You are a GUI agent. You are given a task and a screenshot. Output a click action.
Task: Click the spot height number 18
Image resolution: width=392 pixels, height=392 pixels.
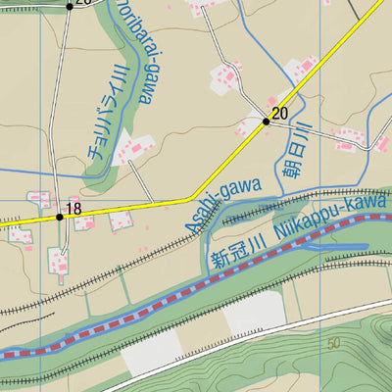[x=73, y=209]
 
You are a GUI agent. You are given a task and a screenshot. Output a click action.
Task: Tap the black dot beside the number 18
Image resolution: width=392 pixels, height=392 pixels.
[x=59, y=217]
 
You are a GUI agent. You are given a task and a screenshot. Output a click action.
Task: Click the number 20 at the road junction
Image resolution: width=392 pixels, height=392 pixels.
[x=280, y=114]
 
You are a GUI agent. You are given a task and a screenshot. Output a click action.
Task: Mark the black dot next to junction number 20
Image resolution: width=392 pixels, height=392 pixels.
[x=266, y=122]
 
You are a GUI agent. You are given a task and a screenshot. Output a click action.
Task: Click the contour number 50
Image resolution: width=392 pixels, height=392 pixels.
[x=335, y=344]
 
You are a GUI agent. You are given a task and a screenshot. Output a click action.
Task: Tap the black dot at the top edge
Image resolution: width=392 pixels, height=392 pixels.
[x=70, y=5]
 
